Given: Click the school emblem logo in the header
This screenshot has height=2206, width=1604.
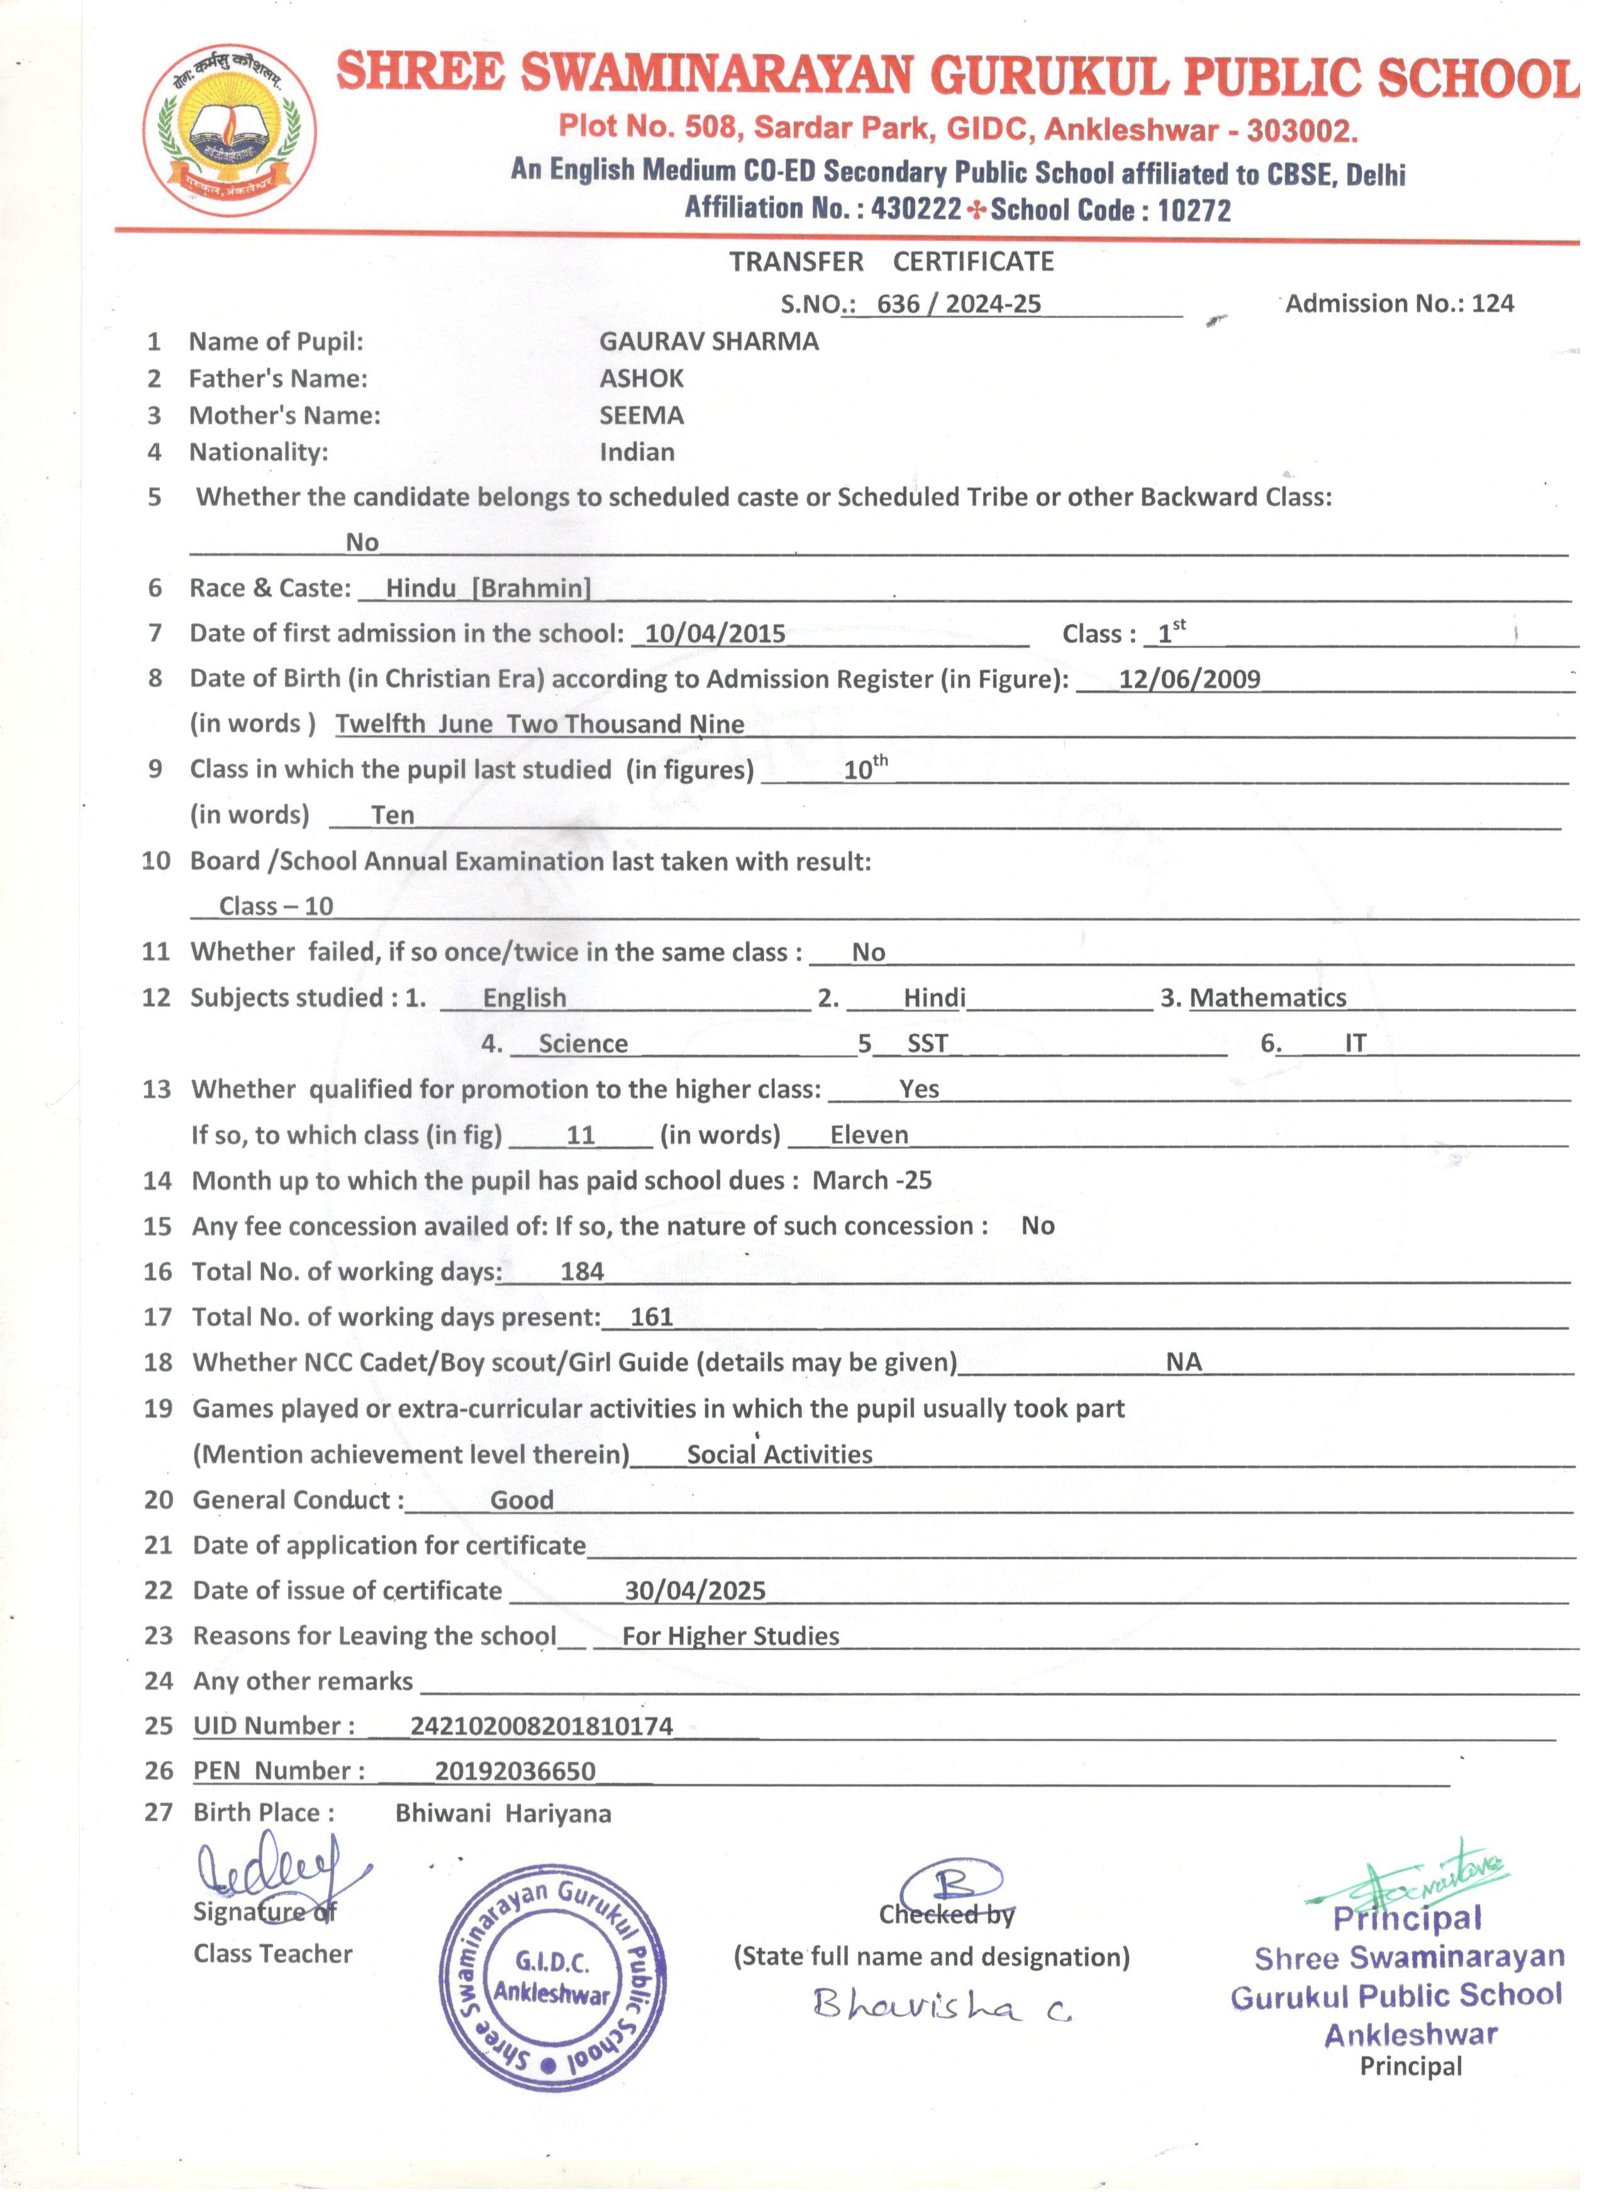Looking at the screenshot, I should coord(230,130).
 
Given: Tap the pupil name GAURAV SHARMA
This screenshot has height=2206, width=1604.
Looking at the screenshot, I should coord(708,342).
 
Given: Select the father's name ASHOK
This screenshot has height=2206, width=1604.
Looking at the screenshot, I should coord(641,379).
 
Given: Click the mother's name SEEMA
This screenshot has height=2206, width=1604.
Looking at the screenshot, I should coord(641,415).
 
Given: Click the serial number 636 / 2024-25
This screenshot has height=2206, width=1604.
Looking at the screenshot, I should coord(958,304).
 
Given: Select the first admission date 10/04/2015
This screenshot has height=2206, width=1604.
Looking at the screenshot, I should coord(715,634).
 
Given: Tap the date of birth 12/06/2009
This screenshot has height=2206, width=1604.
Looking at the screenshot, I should coord(1189,679).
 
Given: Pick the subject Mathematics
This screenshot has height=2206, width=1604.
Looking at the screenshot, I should coord(1267,998).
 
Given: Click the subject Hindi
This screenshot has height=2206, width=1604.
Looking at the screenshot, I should coord(934,998).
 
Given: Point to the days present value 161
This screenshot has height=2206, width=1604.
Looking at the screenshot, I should coord(652,1318).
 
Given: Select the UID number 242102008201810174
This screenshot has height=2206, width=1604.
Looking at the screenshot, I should coord(541,1727).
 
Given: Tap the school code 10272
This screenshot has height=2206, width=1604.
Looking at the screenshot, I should coord(1193,210).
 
